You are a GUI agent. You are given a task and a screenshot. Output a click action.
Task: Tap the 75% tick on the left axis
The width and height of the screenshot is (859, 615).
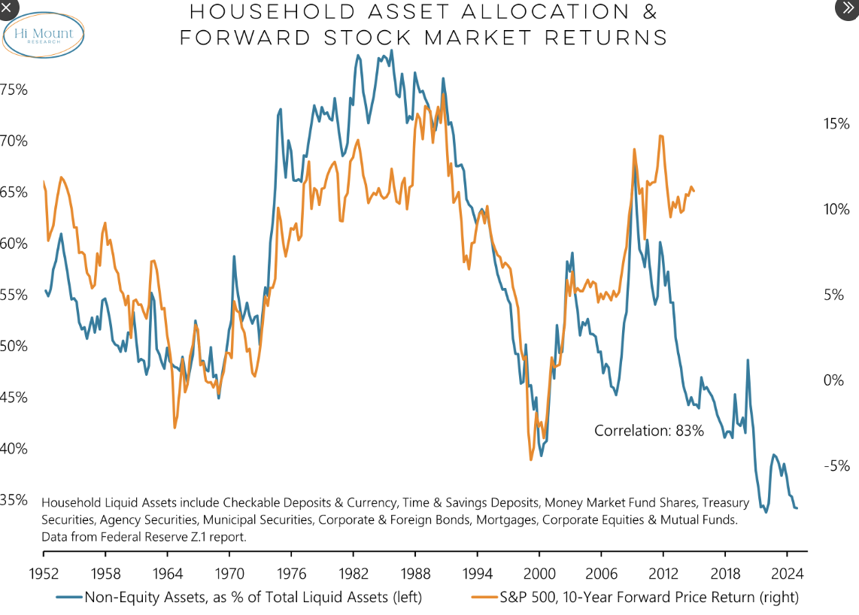14,89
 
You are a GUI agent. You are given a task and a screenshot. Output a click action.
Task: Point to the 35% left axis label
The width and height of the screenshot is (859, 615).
14,500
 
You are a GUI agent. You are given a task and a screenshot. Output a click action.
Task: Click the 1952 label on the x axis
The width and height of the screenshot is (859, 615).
44,572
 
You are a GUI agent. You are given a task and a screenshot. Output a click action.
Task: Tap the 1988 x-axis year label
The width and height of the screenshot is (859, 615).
415,572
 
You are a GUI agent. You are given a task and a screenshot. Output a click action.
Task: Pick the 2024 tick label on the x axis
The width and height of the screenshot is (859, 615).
788,572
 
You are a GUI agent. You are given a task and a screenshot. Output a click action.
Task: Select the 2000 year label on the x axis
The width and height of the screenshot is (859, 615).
539,572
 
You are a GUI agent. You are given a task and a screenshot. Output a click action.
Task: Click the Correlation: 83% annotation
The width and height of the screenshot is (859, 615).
648,431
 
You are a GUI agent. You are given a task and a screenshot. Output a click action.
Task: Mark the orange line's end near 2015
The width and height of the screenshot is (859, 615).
694,191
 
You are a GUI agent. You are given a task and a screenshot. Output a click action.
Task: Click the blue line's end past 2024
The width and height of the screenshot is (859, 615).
797,509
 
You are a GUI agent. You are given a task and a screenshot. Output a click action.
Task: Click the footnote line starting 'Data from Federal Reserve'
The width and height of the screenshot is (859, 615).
144,537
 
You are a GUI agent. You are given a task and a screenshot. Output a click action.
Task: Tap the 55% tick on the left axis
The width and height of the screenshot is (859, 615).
14,295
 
